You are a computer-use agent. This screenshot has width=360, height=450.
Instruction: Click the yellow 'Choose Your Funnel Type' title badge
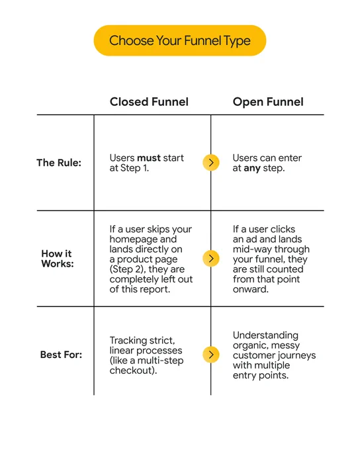point(180,40)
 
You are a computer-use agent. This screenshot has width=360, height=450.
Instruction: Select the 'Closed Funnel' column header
point(149,102)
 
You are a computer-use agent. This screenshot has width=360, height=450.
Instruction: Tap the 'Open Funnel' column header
point(268,102)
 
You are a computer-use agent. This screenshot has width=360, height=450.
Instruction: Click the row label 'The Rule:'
point(59,163)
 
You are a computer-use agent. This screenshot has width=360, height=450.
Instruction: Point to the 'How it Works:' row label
point(58,259)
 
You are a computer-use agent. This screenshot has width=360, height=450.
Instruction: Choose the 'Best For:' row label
point(61,355)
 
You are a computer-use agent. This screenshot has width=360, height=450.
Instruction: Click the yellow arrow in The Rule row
point(211,162)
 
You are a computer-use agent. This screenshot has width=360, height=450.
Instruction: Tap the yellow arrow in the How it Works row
point(211,258)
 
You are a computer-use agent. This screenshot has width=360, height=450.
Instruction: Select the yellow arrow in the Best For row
point(211,355)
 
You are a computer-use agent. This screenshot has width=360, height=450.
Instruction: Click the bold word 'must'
point(149,158)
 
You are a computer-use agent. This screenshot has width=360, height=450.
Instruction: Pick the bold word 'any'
point(252,169)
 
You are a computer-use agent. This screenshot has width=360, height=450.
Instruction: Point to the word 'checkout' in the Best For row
point(132,371)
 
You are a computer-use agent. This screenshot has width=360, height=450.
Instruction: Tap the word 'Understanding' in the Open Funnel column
point(265,336)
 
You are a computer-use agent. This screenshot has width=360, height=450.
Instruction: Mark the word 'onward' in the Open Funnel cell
point(249,289)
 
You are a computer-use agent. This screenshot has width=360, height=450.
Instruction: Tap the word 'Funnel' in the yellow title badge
point(203,40)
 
